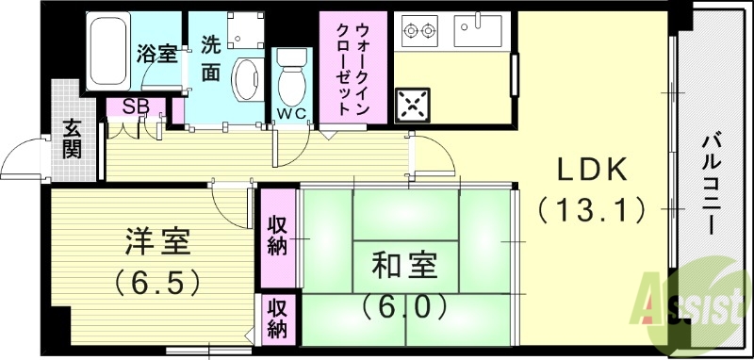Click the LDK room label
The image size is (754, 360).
point(591,169)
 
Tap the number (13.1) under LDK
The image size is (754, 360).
point(591,207)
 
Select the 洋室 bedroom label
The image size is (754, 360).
point(158,242)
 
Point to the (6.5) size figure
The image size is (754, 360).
point(157,281)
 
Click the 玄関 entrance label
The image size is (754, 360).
point(74,137)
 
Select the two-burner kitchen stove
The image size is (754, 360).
point(420,31)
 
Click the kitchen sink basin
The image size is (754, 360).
point(481,31)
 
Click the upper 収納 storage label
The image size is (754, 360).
point(276,237)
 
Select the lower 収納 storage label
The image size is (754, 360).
point(276,319)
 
